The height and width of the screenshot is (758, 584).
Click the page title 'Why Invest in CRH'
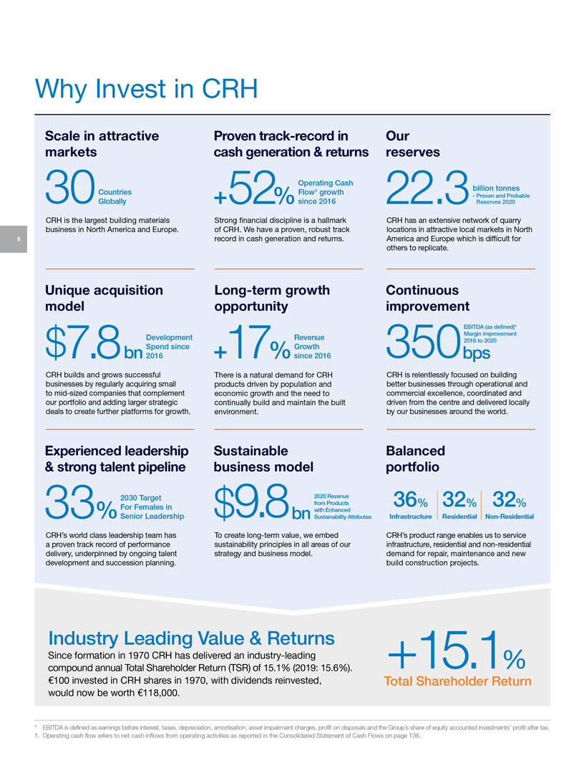coord(146,90)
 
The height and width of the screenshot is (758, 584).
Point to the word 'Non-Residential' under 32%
coord(508,516)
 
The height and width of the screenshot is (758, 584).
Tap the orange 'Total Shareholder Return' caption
coord(457,681)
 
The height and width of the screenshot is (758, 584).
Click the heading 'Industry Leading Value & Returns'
coord(191,638)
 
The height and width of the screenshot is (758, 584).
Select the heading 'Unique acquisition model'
coord(104,298)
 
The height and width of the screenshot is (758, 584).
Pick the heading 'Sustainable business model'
coord(263,459)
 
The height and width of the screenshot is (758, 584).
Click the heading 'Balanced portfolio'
coord(415,459)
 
